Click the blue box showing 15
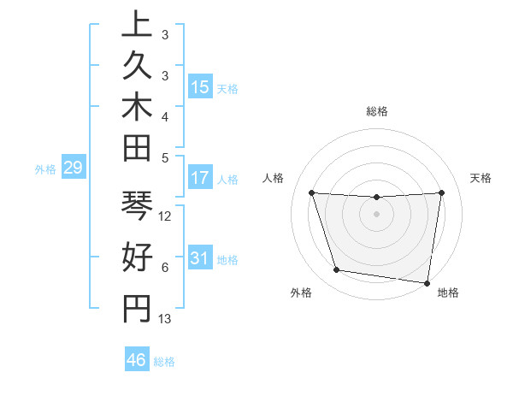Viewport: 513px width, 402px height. point(200,87)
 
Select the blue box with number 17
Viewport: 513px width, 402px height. point(200,179)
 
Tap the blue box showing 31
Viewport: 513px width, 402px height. point(200,258)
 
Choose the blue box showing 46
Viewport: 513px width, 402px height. point(137,360)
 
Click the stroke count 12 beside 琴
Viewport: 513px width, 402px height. point(166,216)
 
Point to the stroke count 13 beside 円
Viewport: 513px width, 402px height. point(166,319)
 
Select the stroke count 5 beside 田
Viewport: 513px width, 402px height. point(165,157)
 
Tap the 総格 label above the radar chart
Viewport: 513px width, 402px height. point(377,111)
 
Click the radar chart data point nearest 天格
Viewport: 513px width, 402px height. point(441,192)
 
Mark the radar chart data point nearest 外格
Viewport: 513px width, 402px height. point(337,270)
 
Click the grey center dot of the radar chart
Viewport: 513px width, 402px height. point(376,214)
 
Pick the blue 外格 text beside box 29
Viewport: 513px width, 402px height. point(45,169)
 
